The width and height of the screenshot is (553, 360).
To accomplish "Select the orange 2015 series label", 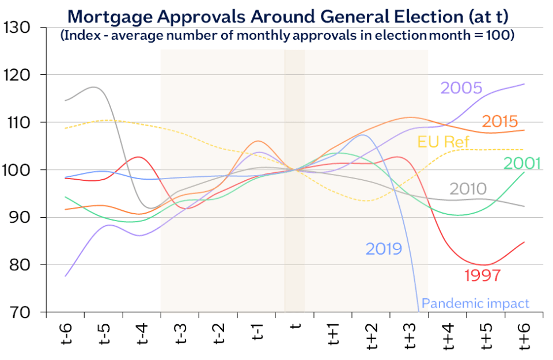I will (x=499, y=122).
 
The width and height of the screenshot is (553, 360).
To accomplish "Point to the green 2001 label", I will (x=522, y=164).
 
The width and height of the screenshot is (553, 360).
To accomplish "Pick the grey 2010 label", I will (x=468, y=189).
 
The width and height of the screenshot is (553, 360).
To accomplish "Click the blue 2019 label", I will (x=384, y=249).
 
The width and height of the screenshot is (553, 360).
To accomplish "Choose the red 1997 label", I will (x=483, y=276).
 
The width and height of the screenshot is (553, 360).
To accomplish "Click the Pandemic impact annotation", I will (x=475, y=304).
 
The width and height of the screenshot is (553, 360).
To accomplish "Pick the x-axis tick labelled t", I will (x=295, y=327).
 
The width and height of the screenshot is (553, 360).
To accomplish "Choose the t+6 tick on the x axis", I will (x=524, y=336).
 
